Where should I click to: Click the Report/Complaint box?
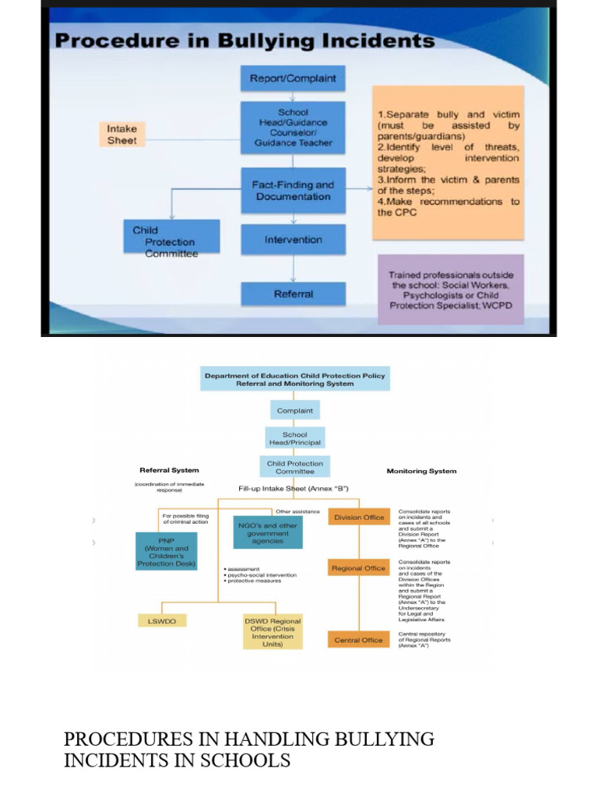(292, 79)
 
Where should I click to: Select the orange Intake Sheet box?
(121, 134)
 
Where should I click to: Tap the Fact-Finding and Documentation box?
(292, 191)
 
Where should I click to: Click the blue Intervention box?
(292, 240)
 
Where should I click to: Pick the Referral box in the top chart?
(293, 294)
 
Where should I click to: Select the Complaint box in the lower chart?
(295, 410)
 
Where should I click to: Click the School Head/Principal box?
(295, 438)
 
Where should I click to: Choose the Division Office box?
(358, 518)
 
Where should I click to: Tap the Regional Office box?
(358, 568)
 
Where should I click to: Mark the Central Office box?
(358, 640)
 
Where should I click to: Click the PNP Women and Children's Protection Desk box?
(166, 551)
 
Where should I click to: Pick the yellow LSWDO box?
(162, 621)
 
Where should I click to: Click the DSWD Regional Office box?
(273, 632)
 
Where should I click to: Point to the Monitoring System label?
(421, 471)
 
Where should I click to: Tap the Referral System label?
(169, 470)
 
